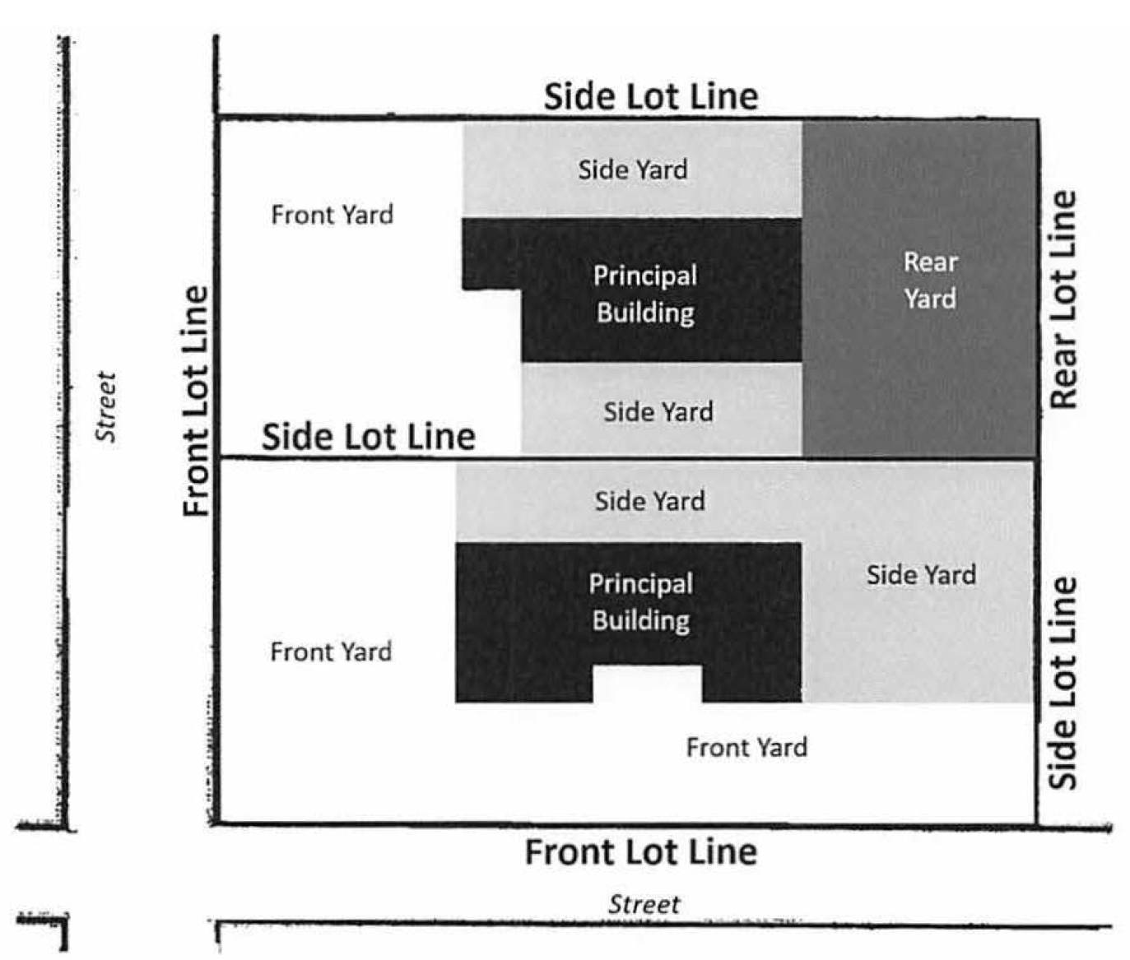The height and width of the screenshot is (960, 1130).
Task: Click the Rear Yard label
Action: click(x=930, y=280)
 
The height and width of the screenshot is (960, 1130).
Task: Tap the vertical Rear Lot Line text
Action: click(x=1063, y=300)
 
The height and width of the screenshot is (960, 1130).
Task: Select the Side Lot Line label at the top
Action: click(x=650, y=96)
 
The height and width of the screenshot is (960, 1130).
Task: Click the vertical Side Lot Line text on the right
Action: click(x=1063, y=683)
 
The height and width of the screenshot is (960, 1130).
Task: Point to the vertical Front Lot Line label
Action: click(x=196, y=401)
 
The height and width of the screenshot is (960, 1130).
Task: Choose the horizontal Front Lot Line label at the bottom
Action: click(x=641, y=852)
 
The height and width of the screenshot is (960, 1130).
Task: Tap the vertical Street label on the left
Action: click(x=106, y=406)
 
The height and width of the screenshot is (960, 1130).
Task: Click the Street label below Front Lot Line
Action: click(x=644, y=905)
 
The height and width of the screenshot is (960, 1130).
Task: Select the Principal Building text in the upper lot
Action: click(x=645, y=294)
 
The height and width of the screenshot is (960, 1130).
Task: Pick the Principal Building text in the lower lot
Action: click(x=640, y=601)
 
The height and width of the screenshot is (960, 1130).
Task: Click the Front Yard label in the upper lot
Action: click(x=332, y=215)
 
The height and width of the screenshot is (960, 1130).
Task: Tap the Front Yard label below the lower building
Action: click(x=746, y=747)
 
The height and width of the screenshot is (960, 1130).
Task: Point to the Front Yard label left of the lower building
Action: click(x=331, y=652)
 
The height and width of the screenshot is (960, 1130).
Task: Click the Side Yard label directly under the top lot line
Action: click(x=632, y=169)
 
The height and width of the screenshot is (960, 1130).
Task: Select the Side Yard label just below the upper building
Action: click(x=658, y=411)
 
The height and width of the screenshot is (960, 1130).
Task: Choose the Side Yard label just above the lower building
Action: click(x=649, y=501)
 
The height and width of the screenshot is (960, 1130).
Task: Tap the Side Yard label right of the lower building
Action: click(x=921, y=574)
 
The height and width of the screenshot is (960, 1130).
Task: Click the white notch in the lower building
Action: click(x=647, y=684)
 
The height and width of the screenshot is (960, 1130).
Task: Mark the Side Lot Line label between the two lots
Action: click(x=368, y=436)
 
